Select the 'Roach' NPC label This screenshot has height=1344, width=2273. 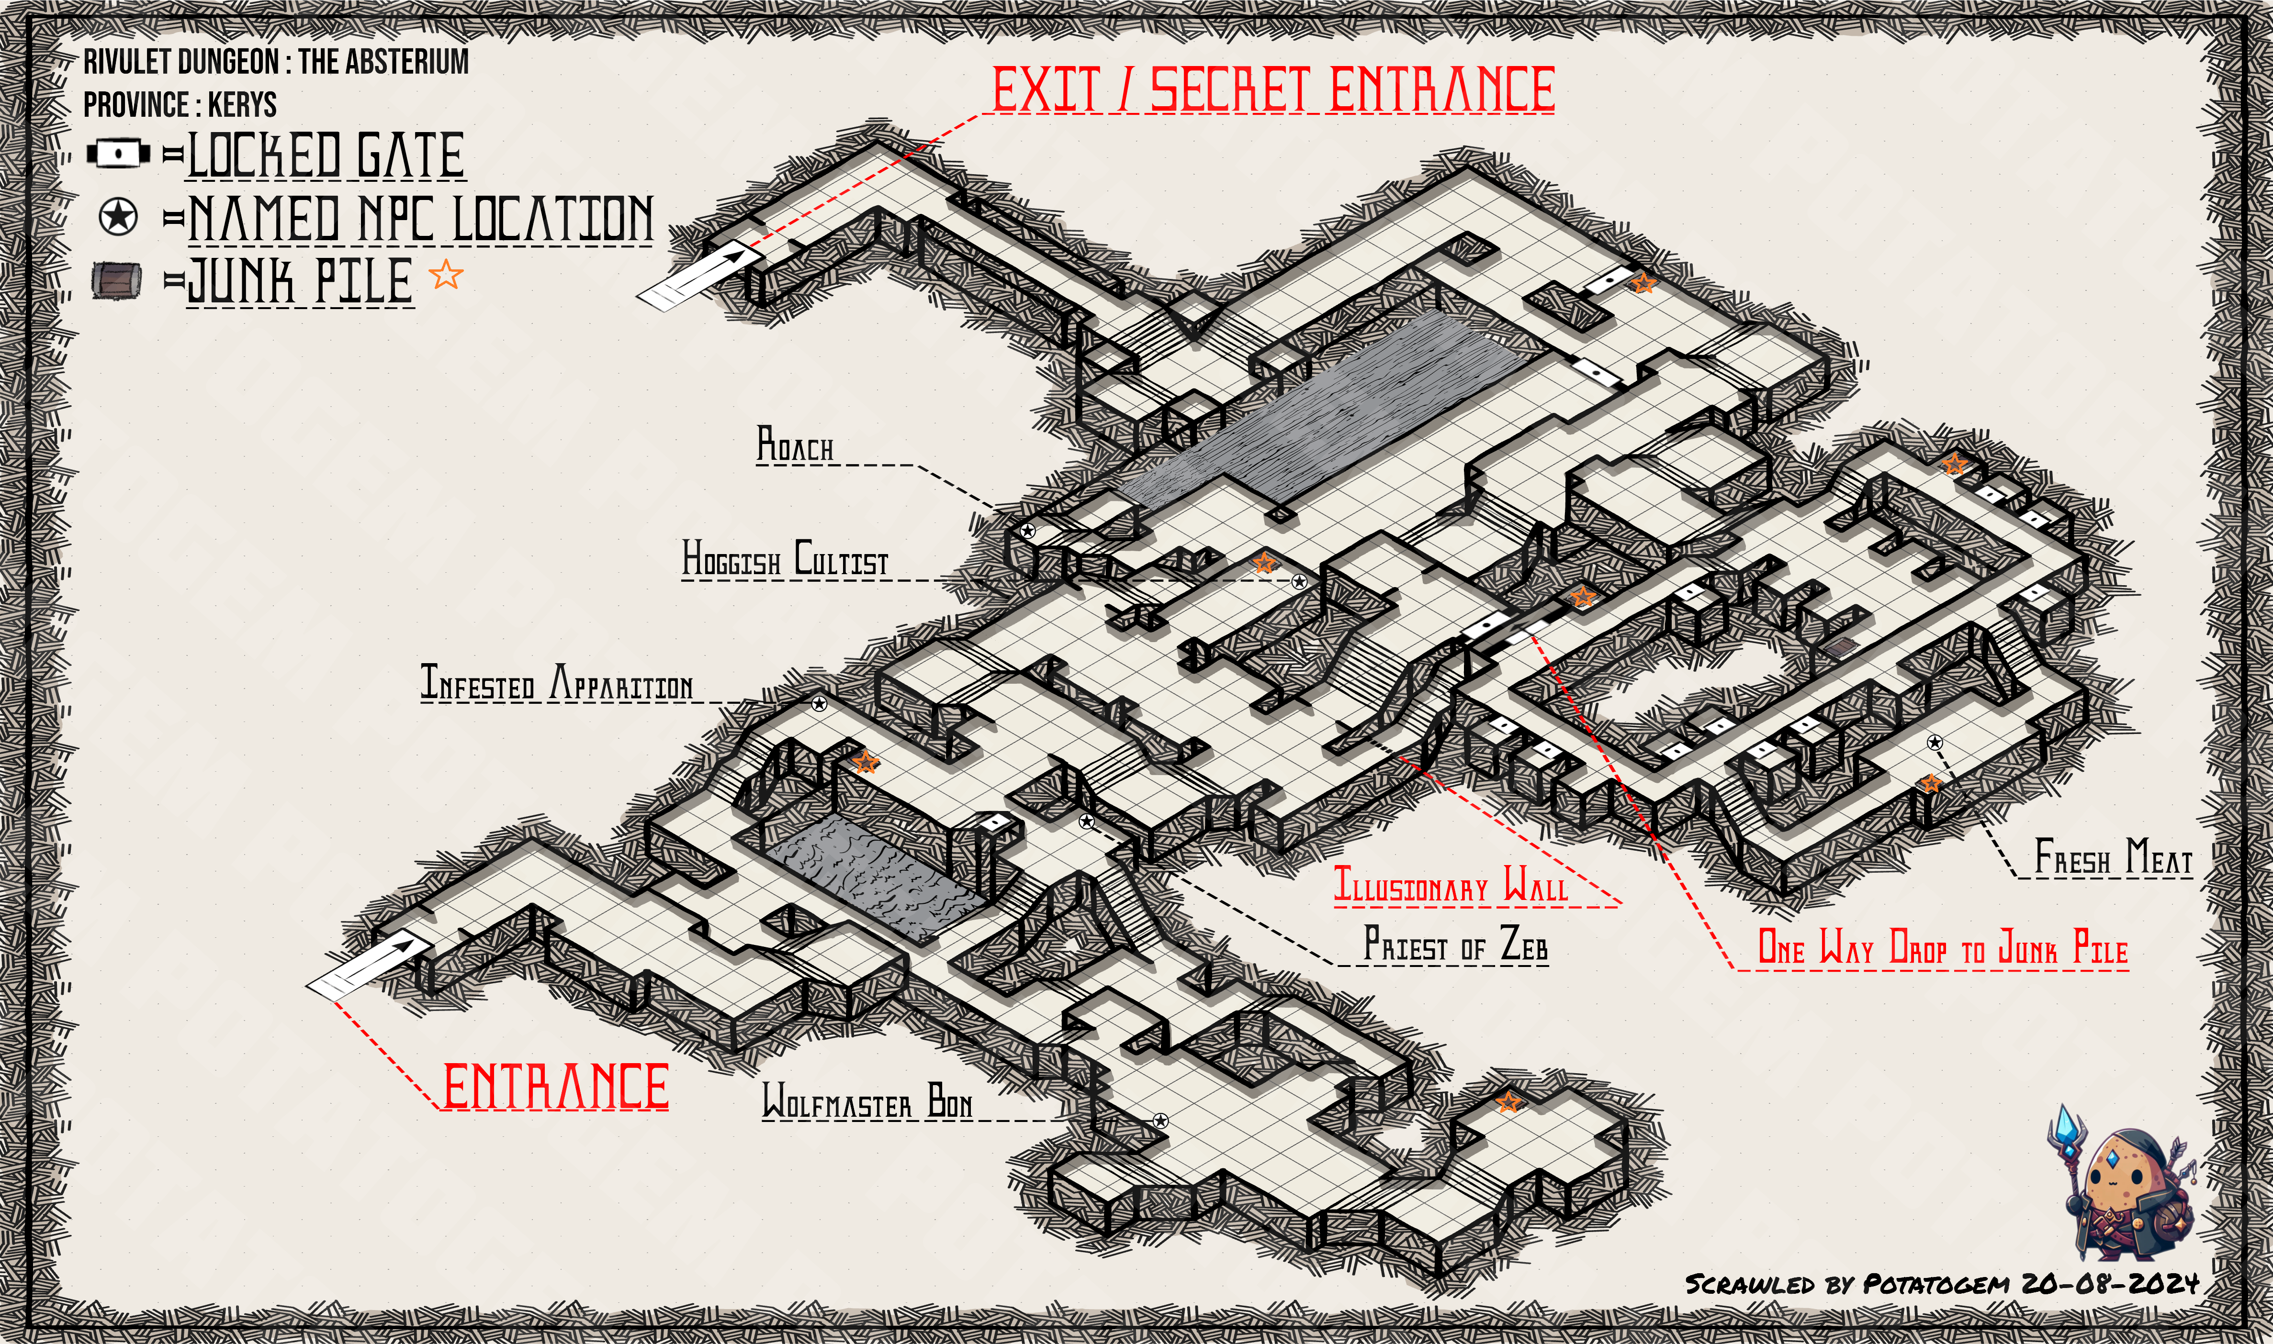click(x=795, y=445)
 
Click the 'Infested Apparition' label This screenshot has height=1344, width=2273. click(x=556, y=683)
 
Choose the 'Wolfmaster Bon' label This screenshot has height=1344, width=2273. click(x=867, y=1101)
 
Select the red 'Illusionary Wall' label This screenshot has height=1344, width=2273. click(x=1451, y=885)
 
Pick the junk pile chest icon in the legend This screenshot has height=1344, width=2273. click(x=117, y=280)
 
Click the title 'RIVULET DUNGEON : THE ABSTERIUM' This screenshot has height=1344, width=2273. click(x=276, y=62)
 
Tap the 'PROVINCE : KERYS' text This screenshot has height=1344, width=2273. click(x=180, y=105)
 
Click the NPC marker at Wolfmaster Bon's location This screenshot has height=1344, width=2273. click(x=1160, y=1120)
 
